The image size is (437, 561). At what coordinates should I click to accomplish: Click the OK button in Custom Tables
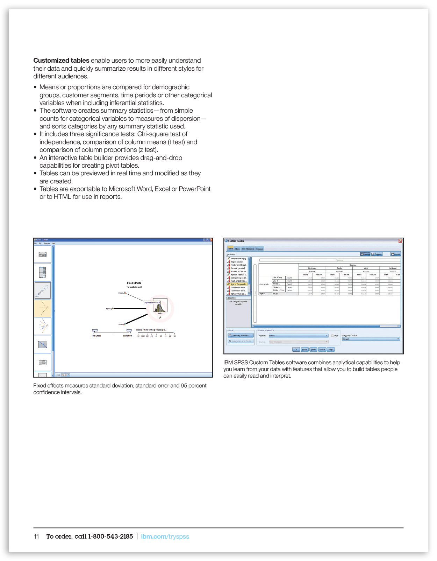296,349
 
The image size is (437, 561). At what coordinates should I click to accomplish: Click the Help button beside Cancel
331,349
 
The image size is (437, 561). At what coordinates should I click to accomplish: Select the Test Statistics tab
248,249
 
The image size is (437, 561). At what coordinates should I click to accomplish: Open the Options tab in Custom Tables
259,249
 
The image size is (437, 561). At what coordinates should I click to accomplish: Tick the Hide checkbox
332,336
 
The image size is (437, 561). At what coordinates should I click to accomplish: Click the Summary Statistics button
241,335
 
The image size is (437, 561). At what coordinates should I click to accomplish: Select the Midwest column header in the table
393,268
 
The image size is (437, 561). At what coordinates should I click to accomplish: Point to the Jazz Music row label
264,284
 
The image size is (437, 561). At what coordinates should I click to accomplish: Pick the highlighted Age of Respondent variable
238,284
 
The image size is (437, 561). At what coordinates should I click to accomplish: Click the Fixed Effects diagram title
134,283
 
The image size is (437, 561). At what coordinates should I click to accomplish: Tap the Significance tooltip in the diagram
152,302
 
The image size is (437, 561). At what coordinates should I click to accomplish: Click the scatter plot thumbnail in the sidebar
43,290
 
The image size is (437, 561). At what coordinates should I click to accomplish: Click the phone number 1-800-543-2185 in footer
110,537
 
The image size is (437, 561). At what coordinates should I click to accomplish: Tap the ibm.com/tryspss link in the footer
165,537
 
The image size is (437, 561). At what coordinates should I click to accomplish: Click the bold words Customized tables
61,61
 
